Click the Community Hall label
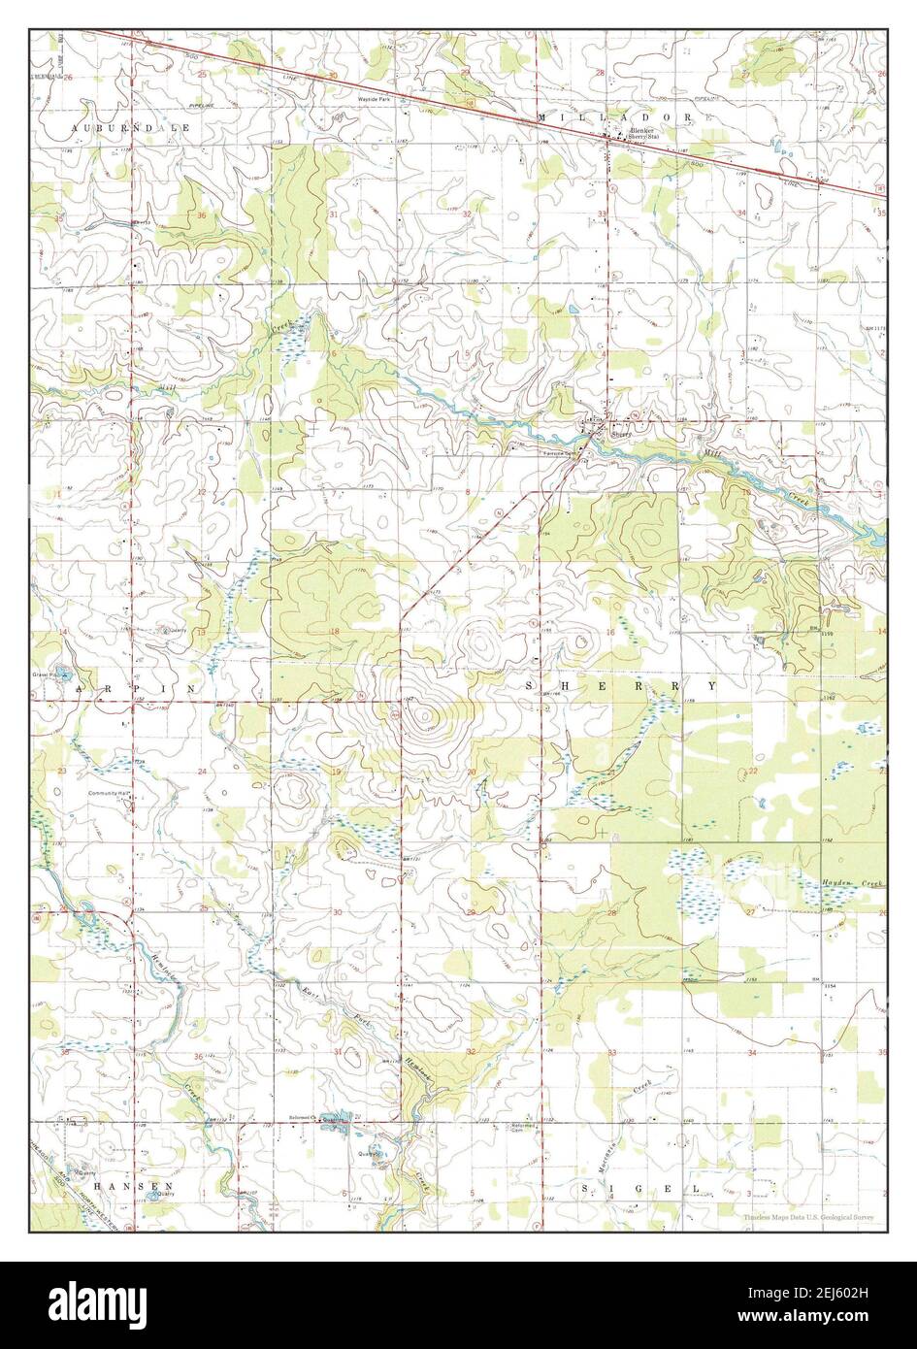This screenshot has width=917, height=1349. tap(110, 794)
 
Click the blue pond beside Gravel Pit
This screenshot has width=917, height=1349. tap(61, 672)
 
